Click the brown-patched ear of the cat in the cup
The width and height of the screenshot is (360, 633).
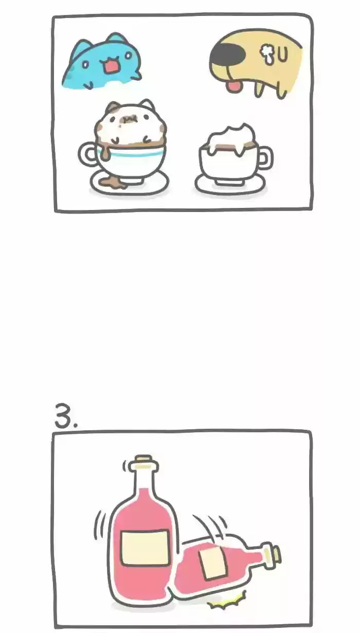113,108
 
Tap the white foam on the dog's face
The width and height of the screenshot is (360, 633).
266,54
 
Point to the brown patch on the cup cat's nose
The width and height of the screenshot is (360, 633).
127,119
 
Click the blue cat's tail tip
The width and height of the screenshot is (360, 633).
137,76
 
